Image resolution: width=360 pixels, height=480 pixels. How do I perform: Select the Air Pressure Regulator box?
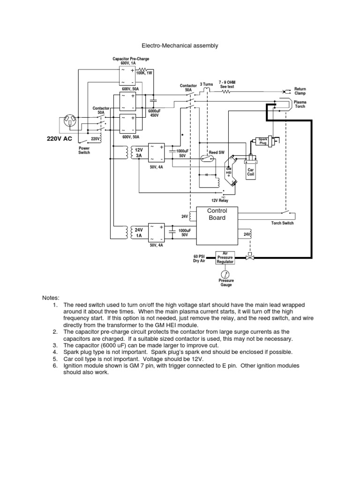click(x=225, y=257)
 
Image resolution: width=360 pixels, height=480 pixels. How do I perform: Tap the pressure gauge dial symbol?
click(x=225, y=273)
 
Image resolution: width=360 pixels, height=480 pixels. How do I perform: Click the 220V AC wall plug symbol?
click(x=71, y=122)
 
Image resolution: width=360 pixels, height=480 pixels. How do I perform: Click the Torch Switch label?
click(x=283, y=223)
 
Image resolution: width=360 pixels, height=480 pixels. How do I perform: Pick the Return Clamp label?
click(x=300, y=91)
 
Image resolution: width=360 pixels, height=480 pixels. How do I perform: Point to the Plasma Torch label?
click(x=300, y=104)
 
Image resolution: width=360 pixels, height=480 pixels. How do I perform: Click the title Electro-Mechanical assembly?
click(x=180, y=46)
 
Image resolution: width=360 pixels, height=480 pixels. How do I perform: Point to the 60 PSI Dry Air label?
click(x=200, y=259)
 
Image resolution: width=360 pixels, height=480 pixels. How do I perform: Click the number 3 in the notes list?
click(x=55, y=345)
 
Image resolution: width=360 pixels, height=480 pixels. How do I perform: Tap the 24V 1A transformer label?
click(x=138, y=233)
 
